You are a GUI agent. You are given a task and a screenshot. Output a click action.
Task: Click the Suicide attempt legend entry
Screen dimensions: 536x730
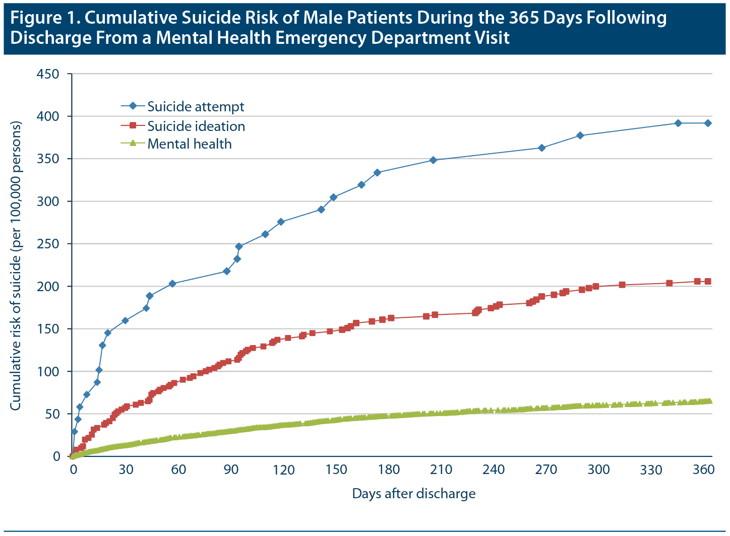196,107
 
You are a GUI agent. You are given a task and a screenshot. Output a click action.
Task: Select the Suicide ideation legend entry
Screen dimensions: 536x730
196,126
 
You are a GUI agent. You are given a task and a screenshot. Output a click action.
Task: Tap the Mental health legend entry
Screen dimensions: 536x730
190,144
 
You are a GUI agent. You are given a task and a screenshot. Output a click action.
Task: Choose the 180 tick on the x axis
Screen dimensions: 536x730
389,470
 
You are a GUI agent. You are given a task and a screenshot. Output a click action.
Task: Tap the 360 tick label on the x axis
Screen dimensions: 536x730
704,470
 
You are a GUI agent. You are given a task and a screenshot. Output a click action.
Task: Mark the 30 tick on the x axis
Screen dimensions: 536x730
126,470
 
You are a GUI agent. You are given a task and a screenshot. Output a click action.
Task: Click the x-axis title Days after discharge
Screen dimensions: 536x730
414,494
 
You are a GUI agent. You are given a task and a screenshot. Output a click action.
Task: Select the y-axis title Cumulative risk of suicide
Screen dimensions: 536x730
16,265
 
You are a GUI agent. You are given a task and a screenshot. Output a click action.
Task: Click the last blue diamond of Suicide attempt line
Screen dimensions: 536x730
708,123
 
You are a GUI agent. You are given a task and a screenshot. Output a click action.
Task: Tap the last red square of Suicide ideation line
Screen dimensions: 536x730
708,282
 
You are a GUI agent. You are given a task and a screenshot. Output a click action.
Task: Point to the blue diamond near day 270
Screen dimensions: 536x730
542,148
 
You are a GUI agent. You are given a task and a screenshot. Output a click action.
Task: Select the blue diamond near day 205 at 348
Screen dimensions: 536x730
433,160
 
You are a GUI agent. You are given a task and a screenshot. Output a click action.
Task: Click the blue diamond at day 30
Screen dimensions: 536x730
125,320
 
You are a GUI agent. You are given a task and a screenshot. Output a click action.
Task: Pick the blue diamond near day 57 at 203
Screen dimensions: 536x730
172,284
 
